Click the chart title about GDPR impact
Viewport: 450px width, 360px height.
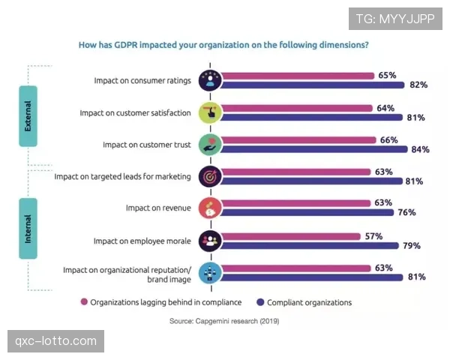point(223,44)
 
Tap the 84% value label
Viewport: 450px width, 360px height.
point(420,149)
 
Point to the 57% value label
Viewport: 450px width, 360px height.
point(373,236)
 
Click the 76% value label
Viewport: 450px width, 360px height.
point(406,213)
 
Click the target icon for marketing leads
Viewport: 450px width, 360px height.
point(209,177)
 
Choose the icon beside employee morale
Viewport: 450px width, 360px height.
point(209,241)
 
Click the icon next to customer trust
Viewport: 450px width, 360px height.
point(209,145)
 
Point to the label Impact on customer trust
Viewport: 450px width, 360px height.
point(147,145)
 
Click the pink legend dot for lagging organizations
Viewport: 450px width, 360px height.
point(84,303)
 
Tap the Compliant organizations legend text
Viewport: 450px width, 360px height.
point(310,303)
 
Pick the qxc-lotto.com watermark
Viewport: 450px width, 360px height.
point(56,342)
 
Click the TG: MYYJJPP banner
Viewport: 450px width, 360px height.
point(395,17)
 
